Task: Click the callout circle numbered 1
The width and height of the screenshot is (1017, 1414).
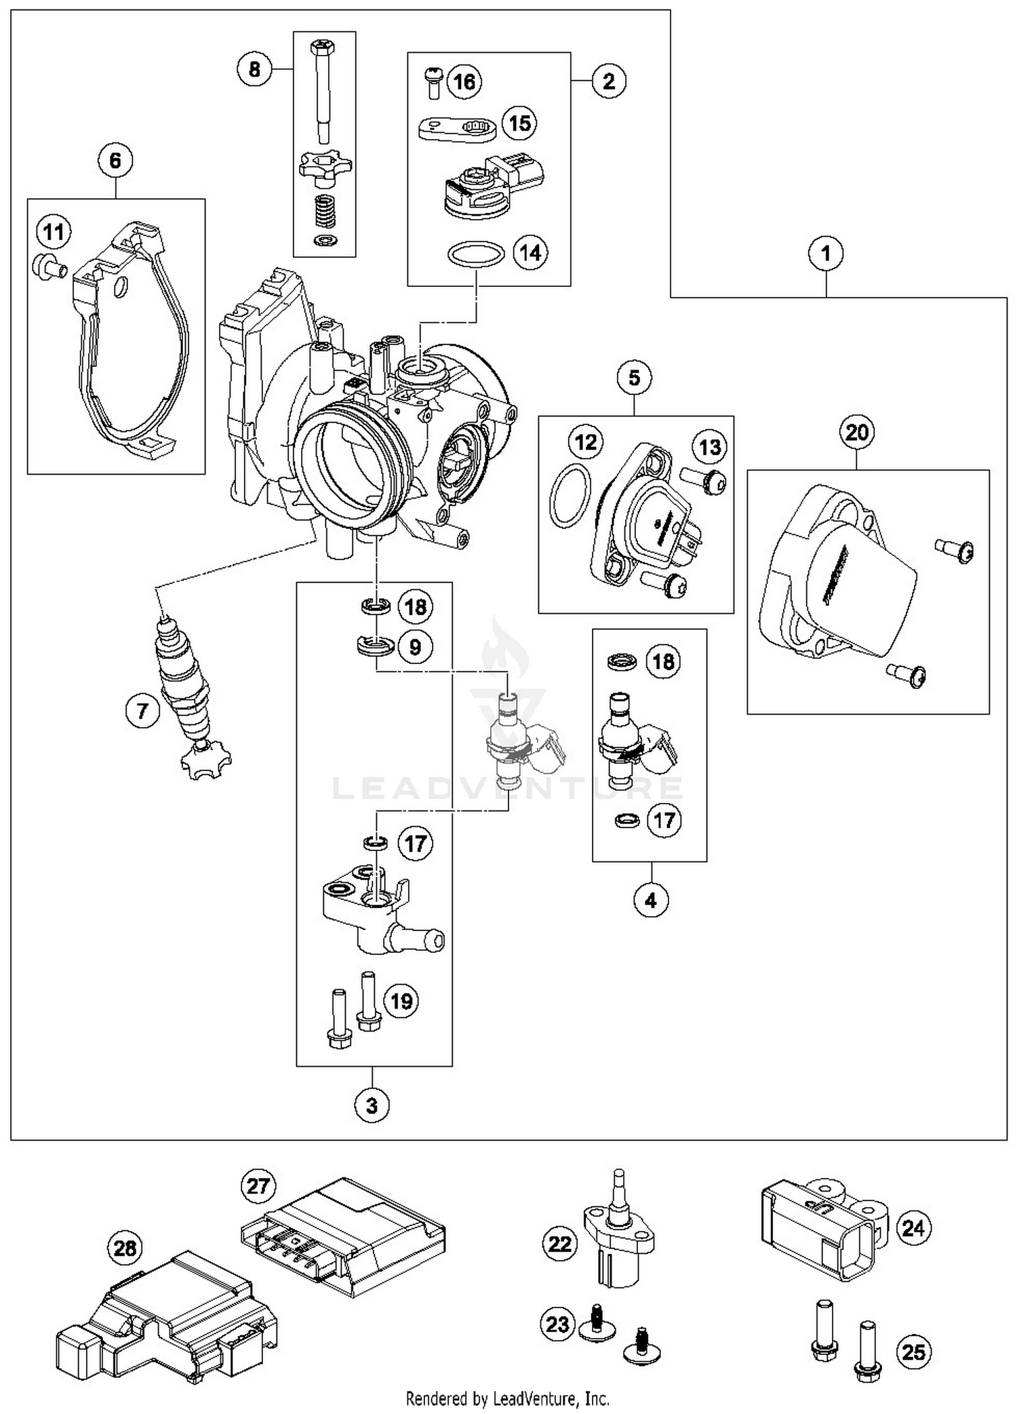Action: (x=826, y=254)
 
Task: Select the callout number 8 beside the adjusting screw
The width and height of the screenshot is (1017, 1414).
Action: (x=254, y=68)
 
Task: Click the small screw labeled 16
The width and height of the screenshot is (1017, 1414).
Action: (x=432, y=81)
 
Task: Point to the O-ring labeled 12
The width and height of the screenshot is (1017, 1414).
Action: (x=569, y=495)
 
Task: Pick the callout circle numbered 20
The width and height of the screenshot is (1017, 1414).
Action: (x=856, y=431)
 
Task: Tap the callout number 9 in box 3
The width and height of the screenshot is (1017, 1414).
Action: (x=415, y=646)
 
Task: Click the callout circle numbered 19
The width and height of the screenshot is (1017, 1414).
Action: (x=401, y=1000)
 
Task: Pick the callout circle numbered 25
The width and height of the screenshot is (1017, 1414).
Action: (x=913, y=1352)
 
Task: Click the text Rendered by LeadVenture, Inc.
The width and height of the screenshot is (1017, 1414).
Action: (x=507, y=1398)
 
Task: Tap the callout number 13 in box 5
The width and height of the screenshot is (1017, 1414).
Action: (x=710, y=447)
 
